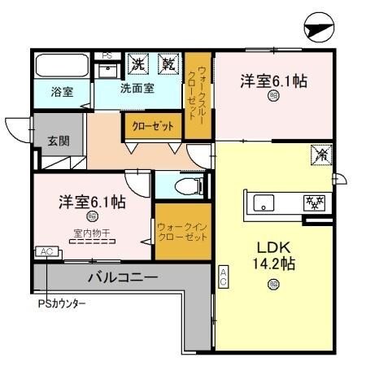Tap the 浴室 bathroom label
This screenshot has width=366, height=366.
click(63, 92)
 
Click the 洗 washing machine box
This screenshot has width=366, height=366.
click(139, 62)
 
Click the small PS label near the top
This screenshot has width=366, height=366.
click(106, 55)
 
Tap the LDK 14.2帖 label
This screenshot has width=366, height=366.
click(273, 254)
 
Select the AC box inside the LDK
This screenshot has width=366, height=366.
click(224, 276)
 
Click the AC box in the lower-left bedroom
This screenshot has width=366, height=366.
click(46, 252)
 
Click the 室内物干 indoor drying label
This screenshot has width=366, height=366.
click(90, 233)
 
